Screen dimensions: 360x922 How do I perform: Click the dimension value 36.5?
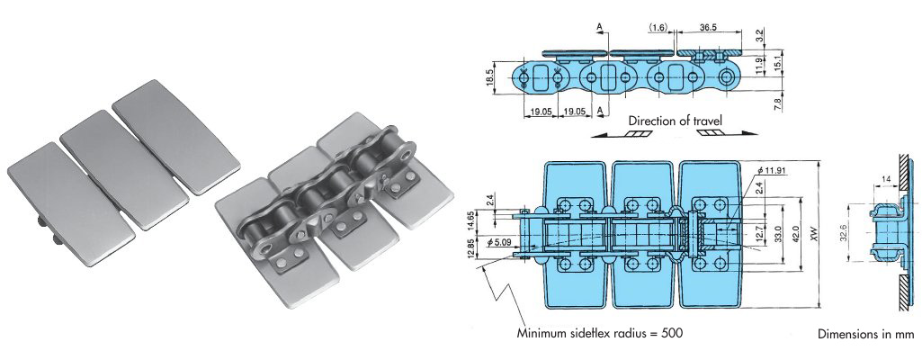709,28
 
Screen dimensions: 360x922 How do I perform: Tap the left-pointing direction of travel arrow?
622,134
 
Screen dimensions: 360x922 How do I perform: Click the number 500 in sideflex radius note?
668,333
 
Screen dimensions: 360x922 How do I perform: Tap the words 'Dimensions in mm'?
865,334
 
